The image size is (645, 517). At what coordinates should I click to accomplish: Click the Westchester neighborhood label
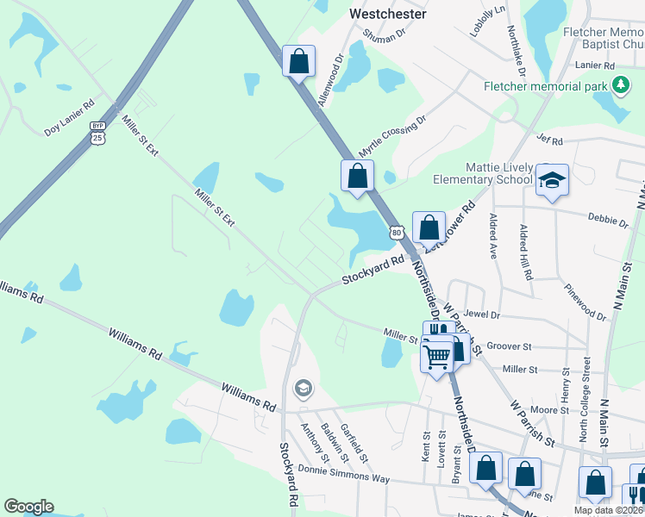[387, 14]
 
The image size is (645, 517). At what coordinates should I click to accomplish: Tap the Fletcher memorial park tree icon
[619, 84]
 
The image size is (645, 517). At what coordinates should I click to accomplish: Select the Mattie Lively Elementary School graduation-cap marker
[552, 180]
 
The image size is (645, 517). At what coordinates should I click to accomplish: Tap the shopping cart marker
[438, 354]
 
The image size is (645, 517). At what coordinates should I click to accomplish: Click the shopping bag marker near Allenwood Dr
[298, 61]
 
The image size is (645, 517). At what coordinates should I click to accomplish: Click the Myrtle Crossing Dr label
[392, 136]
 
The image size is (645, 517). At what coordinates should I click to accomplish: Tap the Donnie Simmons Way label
[344, 473]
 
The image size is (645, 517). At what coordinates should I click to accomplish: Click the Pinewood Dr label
[585, 302]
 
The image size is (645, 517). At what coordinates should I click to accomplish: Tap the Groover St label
[509, 346]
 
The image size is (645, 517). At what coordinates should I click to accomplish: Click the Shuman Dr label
[384, 34]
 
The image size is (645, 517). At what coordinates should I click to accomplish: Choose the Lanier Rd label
[597, 65]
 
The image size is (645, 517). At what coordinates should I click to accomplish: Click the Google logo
[28, 507]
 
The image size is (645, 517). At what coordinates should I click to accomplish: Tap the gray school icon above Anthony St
[302, 389]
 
